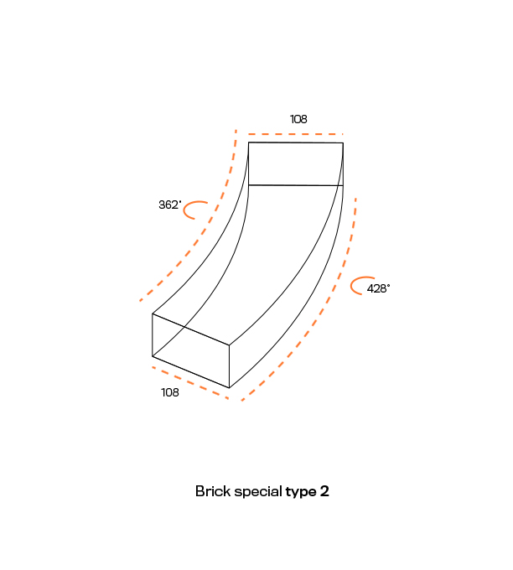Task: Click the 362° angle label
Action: tap(170, 205)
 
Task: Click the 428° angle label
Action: tap(378, 288)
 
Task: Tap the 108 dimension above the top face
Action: tap(298, 119)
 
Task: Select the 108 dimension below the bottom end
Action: tap(170, 392)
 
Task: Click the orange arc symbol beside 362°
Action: tap(184, 210)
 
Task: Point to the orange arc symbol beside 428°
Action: tap(352, 285)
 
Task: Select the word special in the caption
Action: tap(258, 492)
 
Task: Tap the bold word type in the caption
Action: tap(301, 493)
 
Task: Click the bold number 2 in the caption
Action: tap(324, 491)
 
